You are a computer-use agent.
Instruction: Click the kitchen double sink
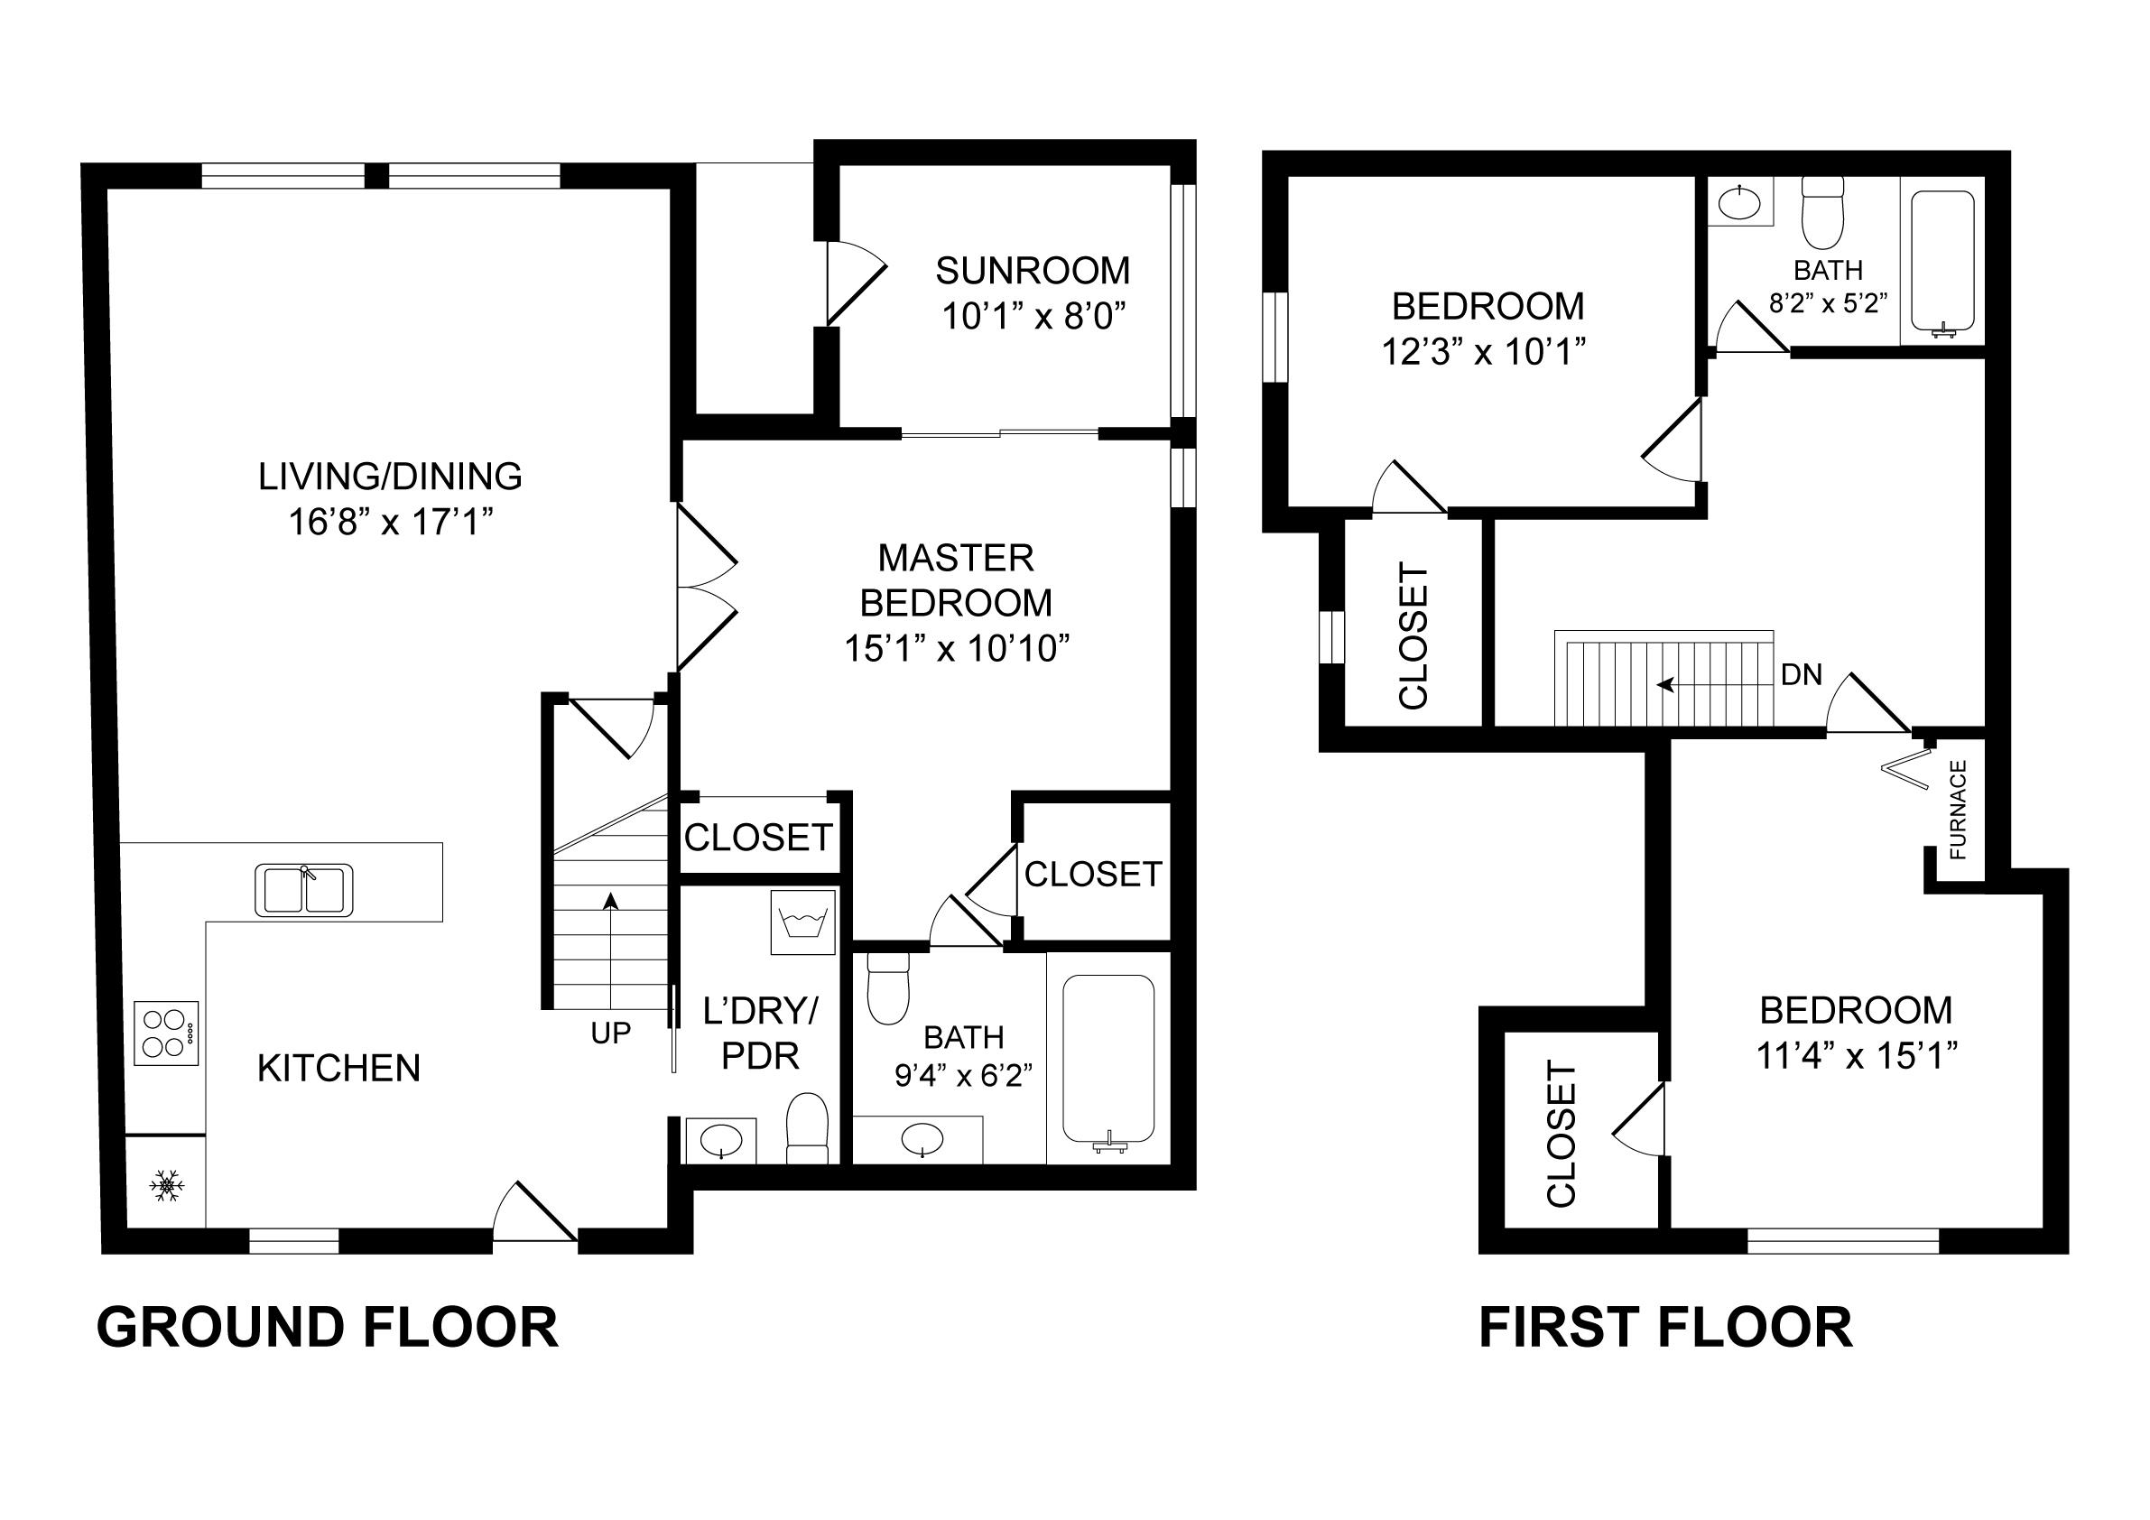(x=303, y=890)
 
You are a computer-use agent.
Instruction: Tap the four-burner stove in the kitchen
(x=167, y=1033)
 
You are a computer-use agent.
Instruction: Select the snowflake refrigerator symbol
(x=167, y=1186)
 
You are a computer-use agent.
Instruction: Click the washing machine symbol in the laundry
(x=802, y=923)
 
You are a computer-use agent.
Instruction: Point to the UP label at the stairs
(x=610, y=1033)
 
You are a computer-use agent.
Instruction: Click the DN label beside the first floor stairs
(x=1801, y=674)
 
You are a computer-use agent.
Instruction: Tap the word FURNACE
(x=1957, y=809)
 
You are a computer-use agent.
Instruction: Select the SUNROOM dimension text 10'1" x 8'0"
(x=1032, y=318)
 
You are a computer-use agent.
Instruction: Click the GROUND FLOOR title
(x=328, y=1328)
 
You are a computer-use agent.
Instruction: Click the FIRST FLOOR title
(x=1665, y=1328)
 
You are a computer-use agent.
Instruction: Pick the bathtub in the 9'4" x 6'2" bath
(x=1107, y=1058)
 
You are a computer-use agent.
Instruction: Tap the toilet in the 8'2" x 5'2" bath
(x=1822, y=213)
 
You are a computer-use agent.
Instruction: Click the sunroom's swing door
(x=854, y=283)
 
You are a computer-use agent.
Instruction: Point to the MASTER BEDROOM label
(x=956, y=580)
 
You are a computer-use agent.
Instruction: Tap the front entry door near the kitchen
(x=533, y=1215)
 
